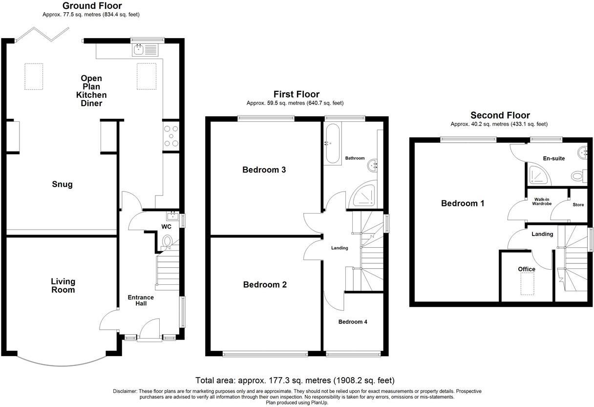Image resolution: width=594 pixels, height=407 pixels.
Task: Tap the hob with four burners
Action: (x=171, y=136)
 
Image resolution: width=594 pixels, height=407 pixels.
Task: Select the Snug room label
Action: (x=63, y=184)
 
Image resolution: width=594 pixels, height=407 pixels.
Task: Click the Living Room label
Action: (x=64, y=285)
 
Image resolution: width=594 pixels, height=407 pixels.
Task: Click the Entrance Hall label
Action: (x=141, y=300)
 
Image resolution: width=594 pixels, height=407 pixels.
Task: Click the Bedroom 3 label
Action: (x=264, y=170)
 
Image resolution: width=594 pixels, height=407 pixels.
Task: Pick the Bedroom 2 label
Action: (x=265, y=285)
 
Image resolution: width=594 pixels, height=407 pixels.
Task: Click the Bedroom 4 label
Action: (x=353, y=321)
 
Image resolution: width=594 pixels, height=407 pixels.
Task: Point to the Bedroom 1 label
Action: (x=463, y=203)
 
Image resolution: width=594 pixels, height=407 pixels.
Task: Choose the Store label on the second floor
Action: (x=578, y=205)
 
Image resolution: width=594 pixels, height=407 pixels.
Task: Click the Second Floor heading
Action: (x=500, y=115)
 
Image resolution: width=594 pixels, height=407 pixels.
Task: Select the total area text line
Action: (x=295, y=380)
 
